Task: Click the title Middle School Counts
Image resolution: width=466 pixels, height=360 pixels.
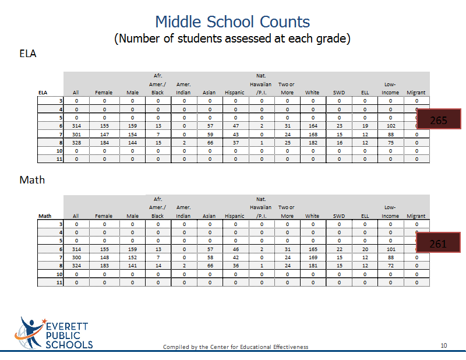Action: [x=232, y=22]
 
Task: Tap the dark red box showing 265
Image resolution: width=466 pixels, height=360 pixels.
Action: [x=439, y=119]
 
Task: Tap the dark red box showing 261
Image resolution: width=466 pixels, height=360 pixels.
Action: [x=439, y=242]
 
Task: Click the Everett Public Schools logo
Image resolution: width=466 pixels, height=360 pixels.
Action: [x=54, y=333]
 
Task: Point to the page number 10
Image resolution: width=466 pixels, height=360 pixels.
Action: [x=444, y=345]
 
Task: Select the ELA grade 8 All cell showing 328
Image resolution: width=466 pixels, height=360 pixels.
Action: [x=76, y=143]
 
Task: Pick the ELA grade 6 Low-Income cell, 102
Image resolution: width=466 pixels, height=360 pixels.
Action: [x=391, y=126]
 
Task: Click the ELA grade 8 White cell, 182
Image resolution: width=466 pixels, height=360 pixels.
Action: [x=313, y=143]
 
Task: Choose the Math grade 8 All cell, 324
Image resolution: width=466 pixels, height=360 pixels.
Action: [x=76, y=266]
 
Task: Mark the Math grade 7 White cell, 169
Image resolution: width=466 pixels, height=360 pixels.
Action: [x=313, y=257]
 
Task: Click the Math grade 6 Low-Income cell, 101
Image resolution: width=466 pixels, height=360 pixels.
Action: [x=391, y=249]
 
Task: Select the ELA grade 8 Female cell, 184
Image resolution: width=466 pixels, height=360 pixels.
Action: [x=104, y=143]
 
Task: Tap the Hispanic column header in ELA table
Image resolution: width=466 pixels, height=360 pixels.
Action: [x=235, y=93]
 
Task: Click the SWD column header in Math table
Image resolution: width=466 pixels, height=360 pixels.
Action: [x=339, y=216]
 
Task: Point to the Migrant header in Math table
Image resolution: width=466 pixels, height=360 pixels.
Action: [x=416, y=216]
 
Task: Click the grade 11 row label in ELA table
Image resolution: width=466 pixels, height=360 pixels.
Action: [x=59, y=159]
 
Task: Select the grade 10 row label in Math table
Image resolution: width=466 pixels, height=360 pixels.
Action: [x=59, y=274]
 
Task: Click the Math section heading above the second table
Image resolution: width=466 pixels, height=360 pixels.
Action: [x=32, y=180]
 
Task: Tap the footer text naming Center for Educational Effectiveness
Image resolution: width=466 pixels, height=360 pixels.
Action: [x=235, y=347]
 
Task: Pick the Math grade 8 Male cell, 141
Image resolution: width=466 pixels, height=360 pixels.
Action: [x=132, y=266]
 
